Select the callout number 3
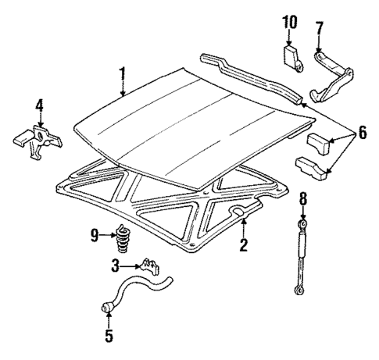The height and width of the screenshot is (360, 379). [115, 266]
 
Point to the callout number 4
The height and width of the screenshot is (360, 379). [39, 105]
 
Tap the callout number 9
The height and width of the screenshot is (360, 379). [94, 233]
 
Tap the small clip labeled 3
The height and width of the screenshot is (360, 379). [149, 268]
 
